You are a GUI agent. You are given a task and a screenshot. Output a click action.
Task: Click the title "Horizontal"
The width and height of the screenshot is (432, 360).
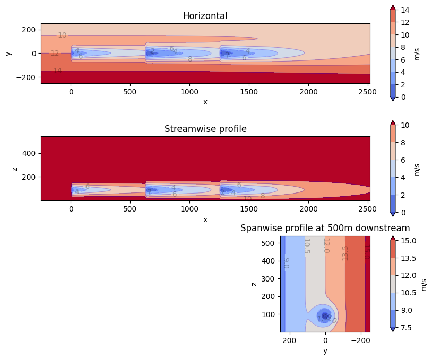[205, 16]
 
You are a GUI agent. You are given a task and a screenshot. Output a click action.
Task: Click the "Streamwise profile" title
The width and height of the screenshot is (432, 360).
[205, 129]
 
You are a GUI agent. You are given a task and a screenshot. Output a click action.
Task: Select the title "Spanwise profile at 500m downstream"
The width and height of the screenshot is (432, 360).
[325, 228]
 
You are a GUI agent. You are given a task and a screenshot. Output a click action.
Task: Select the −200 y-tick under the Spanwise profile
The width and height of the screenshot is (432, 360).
[361, 340]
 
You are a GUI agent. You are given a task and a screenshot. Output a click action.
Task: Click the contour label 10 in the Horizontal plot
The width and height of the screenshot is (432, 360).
[62, 36]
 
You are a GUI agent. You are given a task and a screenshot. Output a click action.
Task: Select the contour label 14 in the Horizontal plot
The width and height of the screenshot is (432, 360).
[57, 71]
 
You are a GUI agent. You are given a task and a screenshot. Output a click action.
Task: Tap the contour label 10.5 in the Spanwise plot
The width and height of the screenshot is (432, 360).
[306, 246]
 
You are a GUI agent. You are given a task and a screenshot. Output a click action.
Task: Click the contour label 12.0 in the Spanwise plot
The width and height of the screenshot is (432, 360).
[326, 245]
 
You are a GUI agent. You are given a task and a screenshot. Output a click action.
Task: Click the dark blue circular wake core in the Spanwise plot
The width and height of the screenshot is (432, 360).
[325, 315]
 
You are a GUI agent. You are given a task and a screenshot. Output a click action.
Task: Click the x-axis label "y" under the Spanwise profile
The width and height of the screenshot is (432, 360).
[325, 350]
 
